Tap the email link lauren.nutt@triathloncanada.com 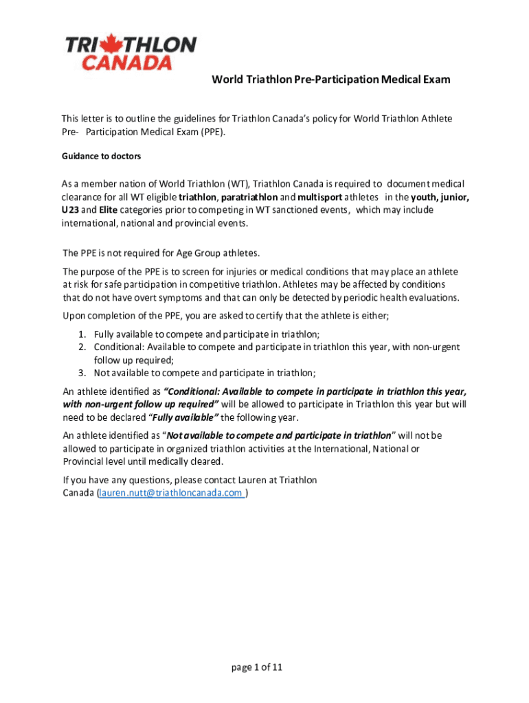pos(172,493)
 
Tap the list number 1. pos(81,334)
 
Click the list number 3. pos(81,373)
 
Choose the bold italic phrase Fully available pos(182,418)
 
